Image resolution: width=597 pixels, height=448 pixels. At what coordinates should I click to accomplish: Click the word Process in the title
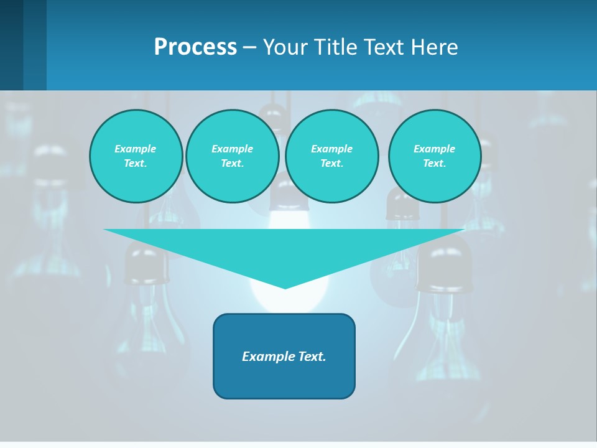tap(195, 47)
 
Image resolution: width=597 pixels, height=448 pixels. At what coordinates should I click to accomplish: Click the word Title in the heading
tap(336, 47)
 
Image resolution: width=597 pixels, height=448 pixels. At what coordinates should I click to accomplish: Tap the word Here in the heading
tap(434, 47)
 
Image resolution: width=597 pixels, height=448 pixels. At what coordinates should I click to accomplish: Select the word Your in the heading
tap(287, 47)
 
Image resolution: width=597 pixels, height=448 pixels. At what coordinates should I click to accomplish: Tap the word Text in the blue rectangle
tap(312, 357)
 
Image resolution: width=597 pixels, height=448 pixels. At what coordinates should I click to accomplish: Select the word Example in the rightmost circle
tap(434, 149)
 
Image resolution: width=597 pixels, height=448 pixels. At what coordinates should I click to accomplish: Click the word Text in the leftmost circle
tap(136, 163)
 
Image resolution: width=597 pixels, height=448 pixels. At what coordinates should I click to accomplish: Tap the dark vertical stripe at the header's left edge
tap(11, 45)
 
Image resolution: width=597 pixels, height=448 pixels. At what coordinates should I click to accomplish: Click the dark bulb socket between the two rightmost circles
tap(402, 205)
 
